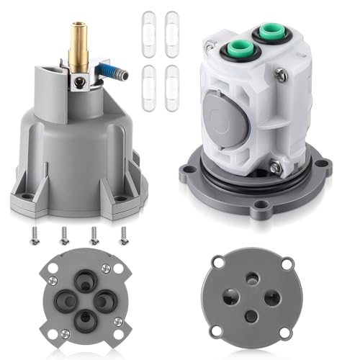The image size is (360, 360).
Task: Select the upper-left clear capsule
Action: pos(149,31)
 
